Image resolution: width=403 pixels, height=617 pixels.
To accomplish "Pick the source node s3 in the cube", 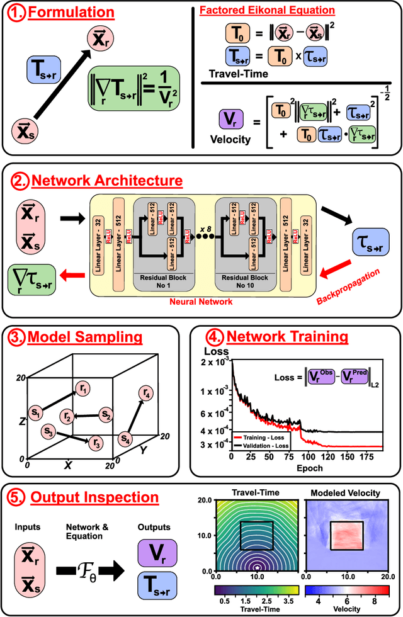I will click(50, 432).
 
